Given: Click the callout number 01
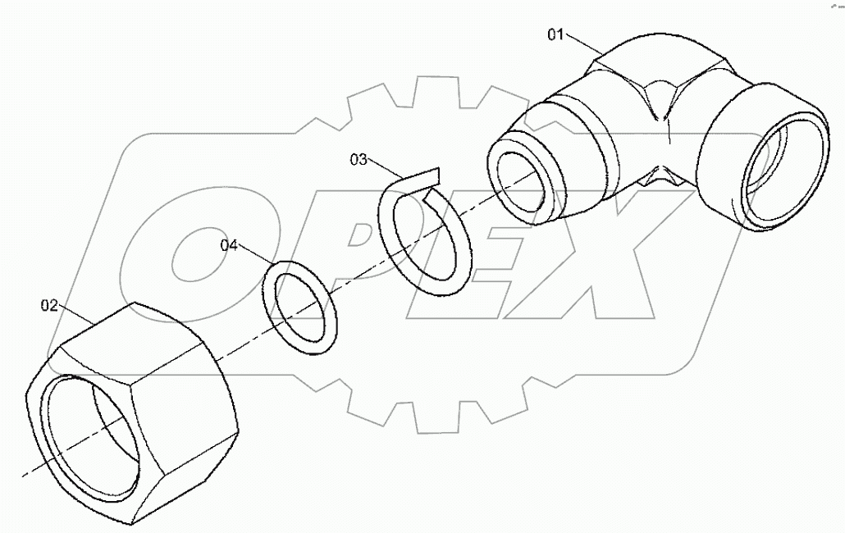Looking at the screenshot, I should pyautogui.click(x=557, y=34).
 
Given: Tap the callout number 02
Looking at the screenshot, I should pyautogui.click(x=50, y=306).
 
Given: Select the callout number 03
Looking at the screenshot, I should pyautogui.click(x=359, y=159).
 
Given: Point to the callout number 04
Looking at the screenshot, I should pyautogui.click(x=230, y=244).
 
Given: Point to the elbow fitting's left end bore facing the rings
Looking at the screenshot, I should pyautogui.click(x=522, y=184).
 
